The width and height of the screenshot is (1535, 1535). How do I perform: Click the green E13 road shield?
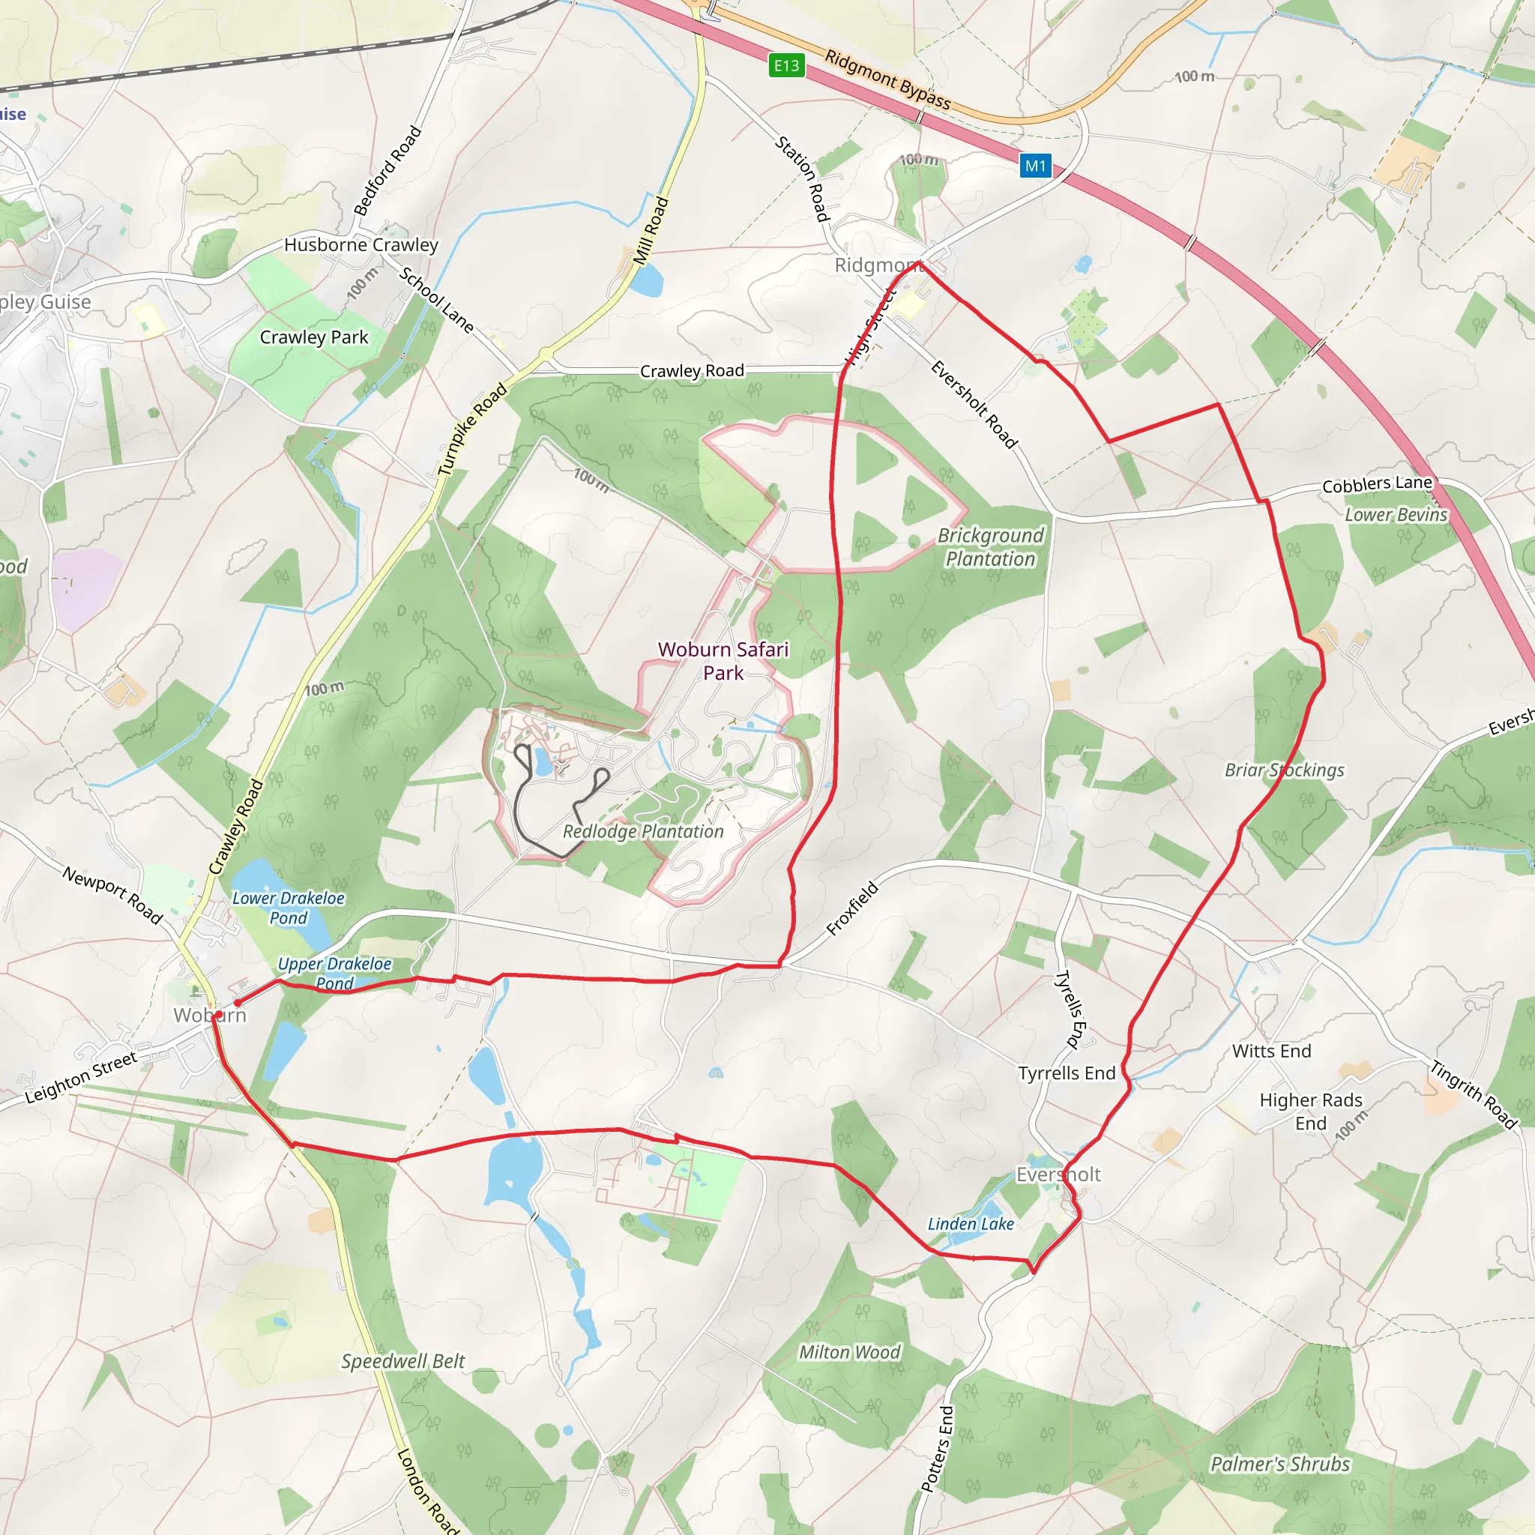point(786,65)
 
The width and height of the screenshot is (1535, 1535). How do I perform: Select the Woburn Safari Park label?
point(723,661)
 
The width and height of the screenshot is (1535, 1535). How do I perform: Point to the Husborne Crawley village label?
point(361,244)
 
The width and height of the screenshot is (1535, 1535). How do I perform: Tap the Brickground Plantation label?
point(991,547)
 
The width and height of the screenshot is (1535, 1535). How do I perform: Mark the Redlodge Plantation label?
point(643,832)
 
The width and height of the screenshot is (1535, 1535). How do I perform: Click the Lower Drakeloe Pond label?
point(289,908)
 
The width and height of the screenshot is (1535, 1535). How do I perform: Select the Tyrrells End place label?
point(1067,1073)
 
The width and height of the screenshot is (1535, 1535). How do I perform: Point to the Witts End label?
point(1271,1051)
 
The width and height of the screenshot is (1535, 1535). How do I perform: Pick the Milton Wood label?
point(849,1352)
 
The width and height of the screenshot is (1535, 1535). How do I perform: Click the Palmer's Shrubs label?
point(1280,1465)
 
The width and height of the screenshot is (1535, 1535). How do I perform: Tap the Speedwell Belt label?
point(402,1362)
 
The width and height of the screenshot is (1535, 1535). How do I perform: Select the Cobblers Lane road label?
point(1377,484)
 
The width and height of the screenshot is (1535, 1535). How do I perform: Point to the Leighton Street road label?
point(81,1078)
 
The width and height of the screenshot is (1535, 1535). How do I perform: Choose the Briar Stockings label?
point(1284,770)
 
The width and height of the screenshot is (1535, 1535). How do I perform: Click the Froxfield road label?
point(852,908)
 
